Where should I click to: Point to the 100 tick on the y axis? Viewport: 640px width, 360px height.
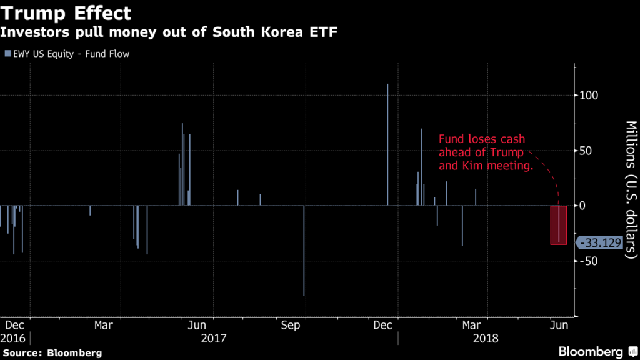point(591,96)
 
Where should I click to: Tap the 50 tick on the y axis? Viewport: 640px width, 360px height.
point(588,151)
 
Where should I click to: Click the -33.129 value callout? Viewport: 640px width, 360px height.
point(601,242)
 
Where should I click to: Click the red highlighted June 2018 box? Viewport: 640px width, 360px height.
point(558,225)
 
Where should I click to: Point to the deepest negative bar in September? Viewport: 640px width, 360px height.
point(304,250)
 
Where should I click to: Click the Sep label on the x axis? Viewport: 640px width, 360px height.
point(290,325)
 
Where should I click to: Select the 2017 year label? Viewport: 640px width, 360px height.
point(214,338)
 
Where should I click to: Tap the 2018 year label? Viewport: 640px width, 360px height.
point(486,338)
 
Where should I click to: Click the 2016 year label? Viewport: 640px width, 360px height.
point(14,338)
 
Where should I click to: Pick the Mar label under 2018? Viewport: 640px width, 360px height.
point(471,325)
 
